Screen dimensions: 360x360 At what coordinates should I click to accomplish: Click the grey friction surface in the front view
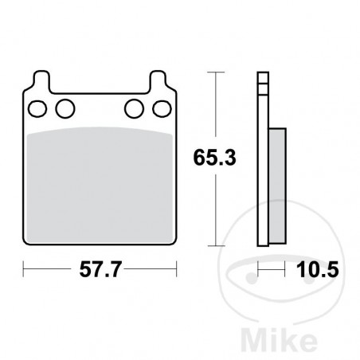(x=100, y=183)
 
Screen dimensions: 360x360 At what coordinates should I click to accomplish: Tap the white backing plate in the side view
(x=263, y=159)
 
